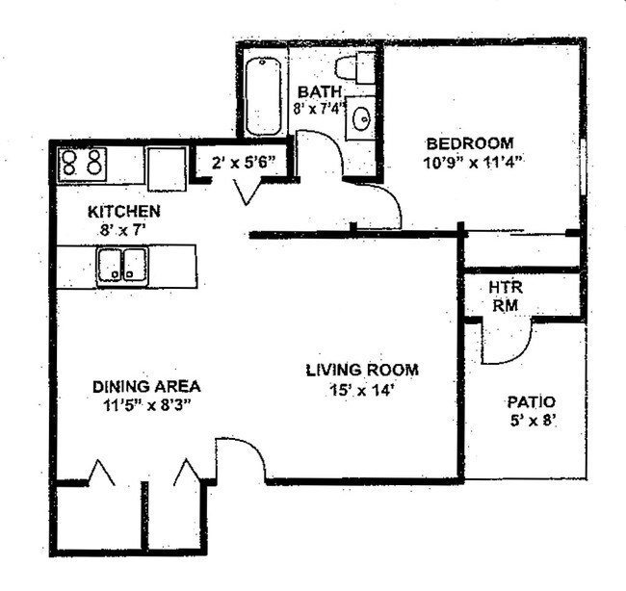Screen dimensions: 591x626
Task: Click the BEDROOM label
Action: (479, 142)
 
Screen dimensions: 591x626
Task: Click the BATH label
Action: (315, 91)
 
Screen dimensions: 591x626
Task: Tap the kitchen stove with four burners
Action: (82, 164)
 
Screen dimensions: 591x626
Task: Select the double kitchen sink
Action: (121, 265)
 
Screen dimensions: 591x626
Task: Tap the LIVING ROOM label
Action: (362, 370)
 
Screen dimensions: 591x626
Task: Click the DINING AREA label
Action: (146, 386)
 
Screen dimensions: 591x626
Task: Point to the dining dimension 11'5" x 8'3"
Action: (146, 404)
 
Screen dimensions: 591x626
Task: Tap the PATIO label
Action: (531, 401)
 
